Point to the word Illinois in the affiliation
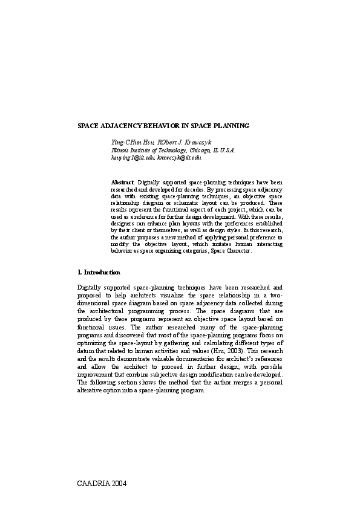click(120, 150)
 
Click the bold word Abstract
click(123, 182)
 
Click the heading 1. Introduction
click(99, 273)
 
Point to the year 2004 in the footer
click(118, 484)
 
